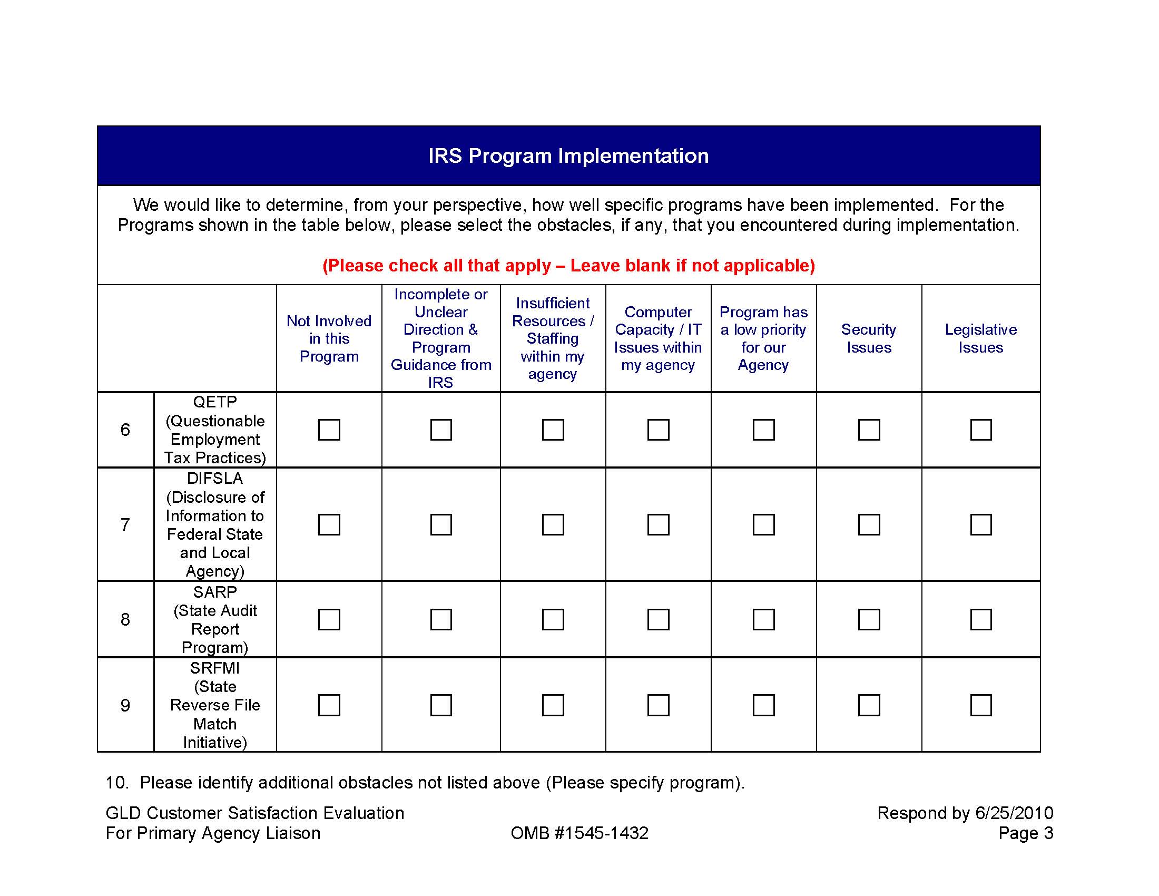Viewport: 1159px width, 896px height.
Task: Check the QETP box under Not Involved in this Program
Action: pos(329,430)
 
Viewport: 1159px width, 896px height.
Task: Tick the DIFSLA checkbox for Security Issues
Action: pos(869,524)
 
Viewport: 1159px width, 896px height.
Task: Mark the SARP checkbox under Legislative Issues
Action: pos(981,619)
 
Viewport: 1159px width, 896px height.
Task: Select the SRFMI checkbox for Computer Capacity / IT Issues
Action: pos(658,705)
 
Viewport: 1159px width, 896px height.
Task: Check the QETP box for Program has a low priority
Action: pos(764,430)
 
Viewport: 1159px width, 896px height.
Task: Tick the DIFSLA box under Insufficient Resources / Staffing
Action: pos(553,524)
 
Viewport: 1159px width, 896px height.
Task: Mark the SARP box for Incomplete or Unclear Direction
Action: pos(441,619)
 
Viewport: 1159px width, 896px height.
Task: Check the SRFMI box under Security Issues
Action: pos(869,705)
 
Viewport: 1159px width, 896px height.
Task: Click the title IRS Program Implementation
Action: pos(568,155)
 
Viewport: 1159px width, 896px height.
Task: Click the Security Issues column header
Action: pos(869,338)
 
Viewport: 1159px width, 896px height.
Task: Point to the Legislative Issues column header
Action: pos(981,338)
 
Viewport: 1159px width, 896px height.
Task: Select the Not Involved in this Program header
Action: pos(329,338)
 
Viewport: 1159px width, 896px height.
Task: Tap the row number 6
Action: pos(125,430)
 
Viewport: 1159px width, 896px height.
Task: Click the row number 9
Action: pos(125,705)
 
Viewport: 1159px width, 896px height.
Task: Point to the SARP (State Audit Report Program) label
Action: pos(215,619)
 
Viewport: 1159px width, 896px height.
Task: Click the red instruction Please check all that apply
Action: pos(568,266)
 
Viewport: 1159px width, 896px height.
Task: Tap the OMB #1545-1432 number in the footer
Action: pos(579,833)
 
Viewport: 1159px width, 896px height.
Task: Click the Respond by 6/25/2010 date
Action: pos(965,813)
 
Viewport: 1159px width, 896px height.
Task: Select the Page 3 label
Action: pos(1025,833)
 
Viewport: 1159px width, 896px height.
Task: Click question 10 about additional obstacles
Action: pos(425,782)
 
